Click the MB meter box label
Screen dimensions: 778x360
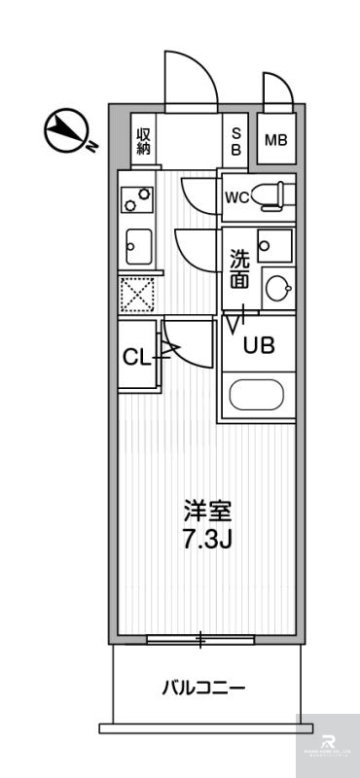[x=276, y=140]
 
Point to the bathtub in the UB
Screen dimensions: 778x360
[x=259, y=396]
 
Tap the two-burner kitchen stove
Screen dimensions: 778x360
[x=136, y=199]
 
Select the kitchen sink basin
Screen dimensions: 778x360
[x=138, y=244]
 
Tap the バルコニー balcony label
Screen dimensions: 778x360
[x=203, y=689]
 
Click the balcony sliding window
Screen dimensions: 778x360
[x=201, y=640]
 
